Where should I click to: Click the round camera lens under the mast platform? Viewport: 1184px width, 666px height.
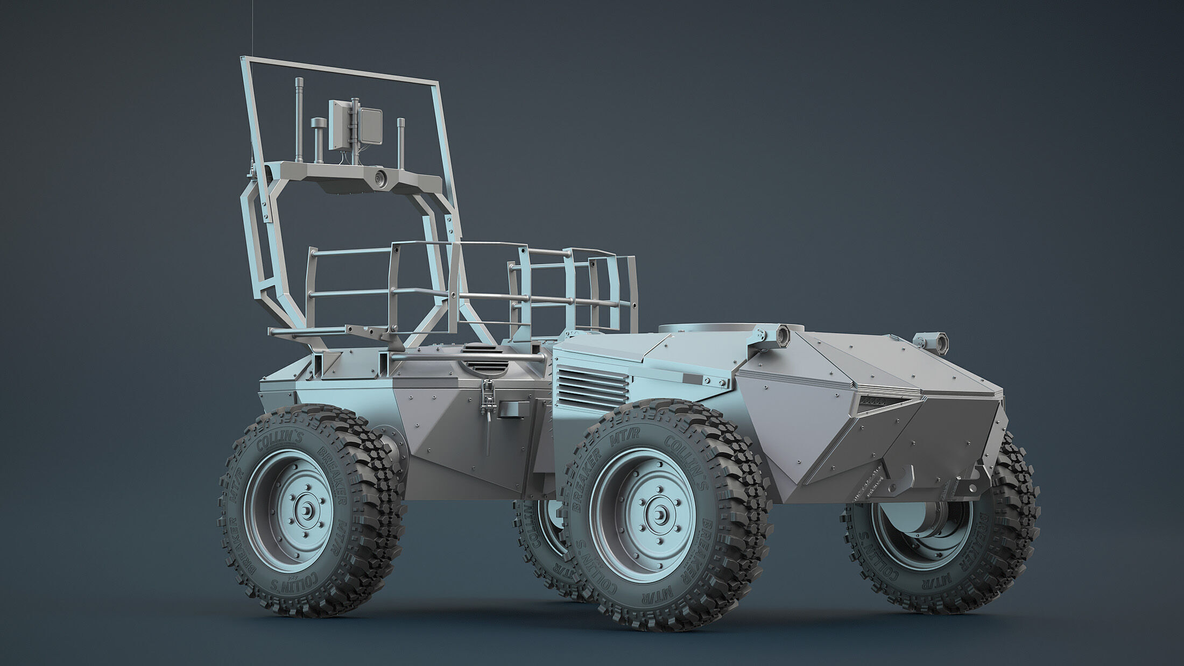[380, 178]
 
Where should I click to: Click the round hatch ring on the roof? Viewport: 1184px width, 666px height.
[694, 329]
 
